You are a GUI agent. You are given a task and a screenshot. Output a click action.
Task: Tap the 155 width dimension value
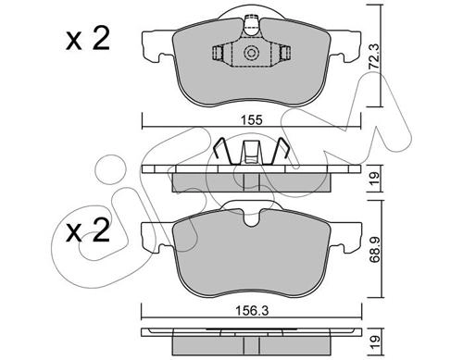pos(251,119)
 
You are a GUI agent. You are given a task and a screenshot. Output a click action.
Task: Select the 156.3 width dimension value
pos(252,311)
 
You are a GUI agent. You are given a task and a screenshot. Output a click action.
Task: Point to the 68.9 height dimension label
pos(374,249)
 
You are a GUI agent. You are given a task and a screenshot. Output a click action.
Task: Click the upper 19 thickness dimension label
pos(374,178)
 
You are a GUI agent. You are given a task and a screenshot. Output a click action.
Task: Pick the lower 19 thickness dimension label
pos(374,341)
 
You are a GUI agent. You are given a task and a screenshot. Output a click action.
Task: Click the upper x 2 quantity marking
pos(88,40)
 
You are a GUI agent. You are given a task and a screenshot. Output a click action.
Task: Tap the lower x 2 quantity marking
pos(88,230)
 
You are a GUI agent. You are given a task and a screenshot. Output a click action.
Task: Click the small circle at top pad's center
pos(251,53)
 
